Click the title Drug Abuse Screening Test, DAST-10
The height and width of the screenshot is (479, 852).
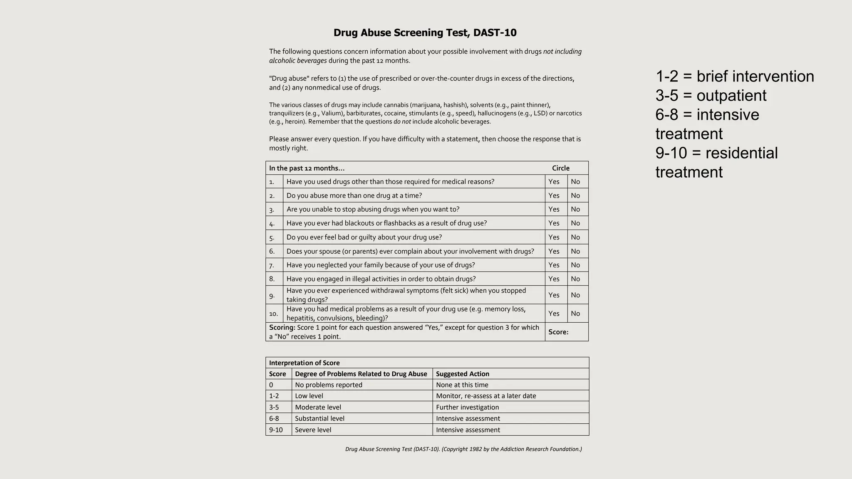click(x=425, y=33)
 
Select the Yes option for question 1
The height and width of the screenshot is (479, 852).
click(x=554, y=182)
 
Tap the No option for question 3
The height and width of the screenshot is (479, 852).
click(x=575, y=210)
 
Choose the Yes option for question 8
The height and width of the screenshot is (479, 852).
click(x=554, y=279)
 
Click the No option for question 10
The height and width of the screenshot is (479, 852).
click(x=575, y=314)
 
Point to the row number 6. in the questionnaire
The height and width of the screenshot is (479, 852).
click(x=272, y=252)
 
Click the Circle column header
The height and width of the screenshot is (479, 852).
click(x=560, y=168)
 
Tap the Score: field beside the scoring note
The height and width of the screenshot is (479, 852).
click(x=558, y=332)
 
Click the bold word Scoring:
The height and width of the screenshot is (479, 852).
click(x=282, y=328)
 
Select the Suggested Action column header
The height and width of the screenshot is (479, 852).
click(x=462, y=374)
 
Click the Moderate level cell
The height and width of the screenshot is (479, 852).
click(x=318, y=407)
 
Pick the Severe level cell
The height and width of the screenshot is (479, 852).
click(x=313, y=430)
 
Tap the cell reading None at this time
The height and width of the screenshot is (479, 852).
click(x=462, y=385)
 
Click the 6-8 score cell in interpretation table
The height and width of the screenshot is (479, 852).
click(x=274, y=419)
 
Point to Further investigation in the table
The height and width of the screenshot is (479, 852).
click(x=467, y=407)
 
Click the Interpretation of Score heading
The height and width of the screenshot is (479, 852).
click(x=304, y=363)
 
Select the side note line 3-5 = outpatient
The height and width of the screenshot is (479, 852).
click(x=711, y=96)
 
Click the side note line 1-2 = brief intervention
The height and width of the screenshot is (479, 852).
click(x=735, y=77)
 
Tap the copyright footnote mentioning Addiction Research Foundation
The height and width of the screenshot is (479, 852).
click(x=463, y=449)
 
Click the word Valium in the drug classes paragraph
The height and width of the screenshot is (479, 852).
click(x=331, y=114)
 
